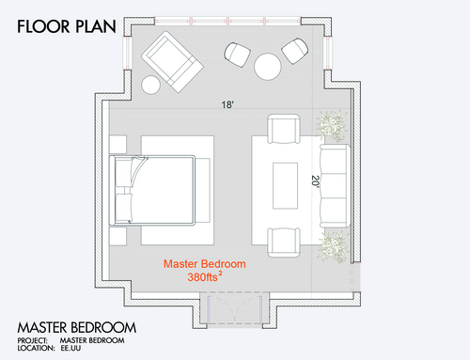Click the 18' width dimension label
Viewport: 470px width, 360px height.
[227, 104]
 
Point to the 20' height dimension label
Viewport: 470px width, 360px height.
[315, 181]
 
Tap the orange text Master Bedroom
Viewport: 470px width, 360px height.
[205, 264]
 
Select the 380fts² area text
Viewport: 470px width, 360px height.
[205, 276]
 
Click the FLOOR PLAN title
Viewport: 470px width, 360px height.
[67, 26]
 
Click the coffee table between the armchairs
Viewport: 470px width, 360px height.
[285, 185]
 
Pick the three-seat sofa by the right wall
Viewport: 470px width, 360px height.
[335, 185]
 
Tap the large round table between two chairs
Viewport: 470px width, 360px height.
[268, 67]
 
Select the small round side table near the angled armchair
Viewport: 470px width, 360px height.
[151, 85]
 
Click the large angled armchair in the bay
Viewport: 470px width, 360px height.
[172, 62]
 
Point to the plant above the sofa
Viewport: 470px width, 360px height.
[332, 126]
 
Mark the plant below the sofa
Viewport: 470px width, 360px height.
[333, 247]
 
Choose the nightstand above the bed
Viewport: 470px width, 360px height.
[118, 144]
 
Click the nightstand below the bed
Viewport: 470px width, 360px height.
[118, 236]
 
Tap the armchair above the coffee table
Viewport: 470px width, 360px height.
[284, 129]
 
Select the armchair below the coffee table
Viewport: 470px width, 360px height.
[284, 243]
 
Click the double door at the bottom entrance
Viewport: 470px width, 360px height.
[234, 309]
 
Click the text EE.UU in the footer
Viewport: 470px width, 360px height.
[70, 348]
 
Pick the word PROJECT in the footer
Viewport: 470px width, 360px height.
[33, 340]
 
